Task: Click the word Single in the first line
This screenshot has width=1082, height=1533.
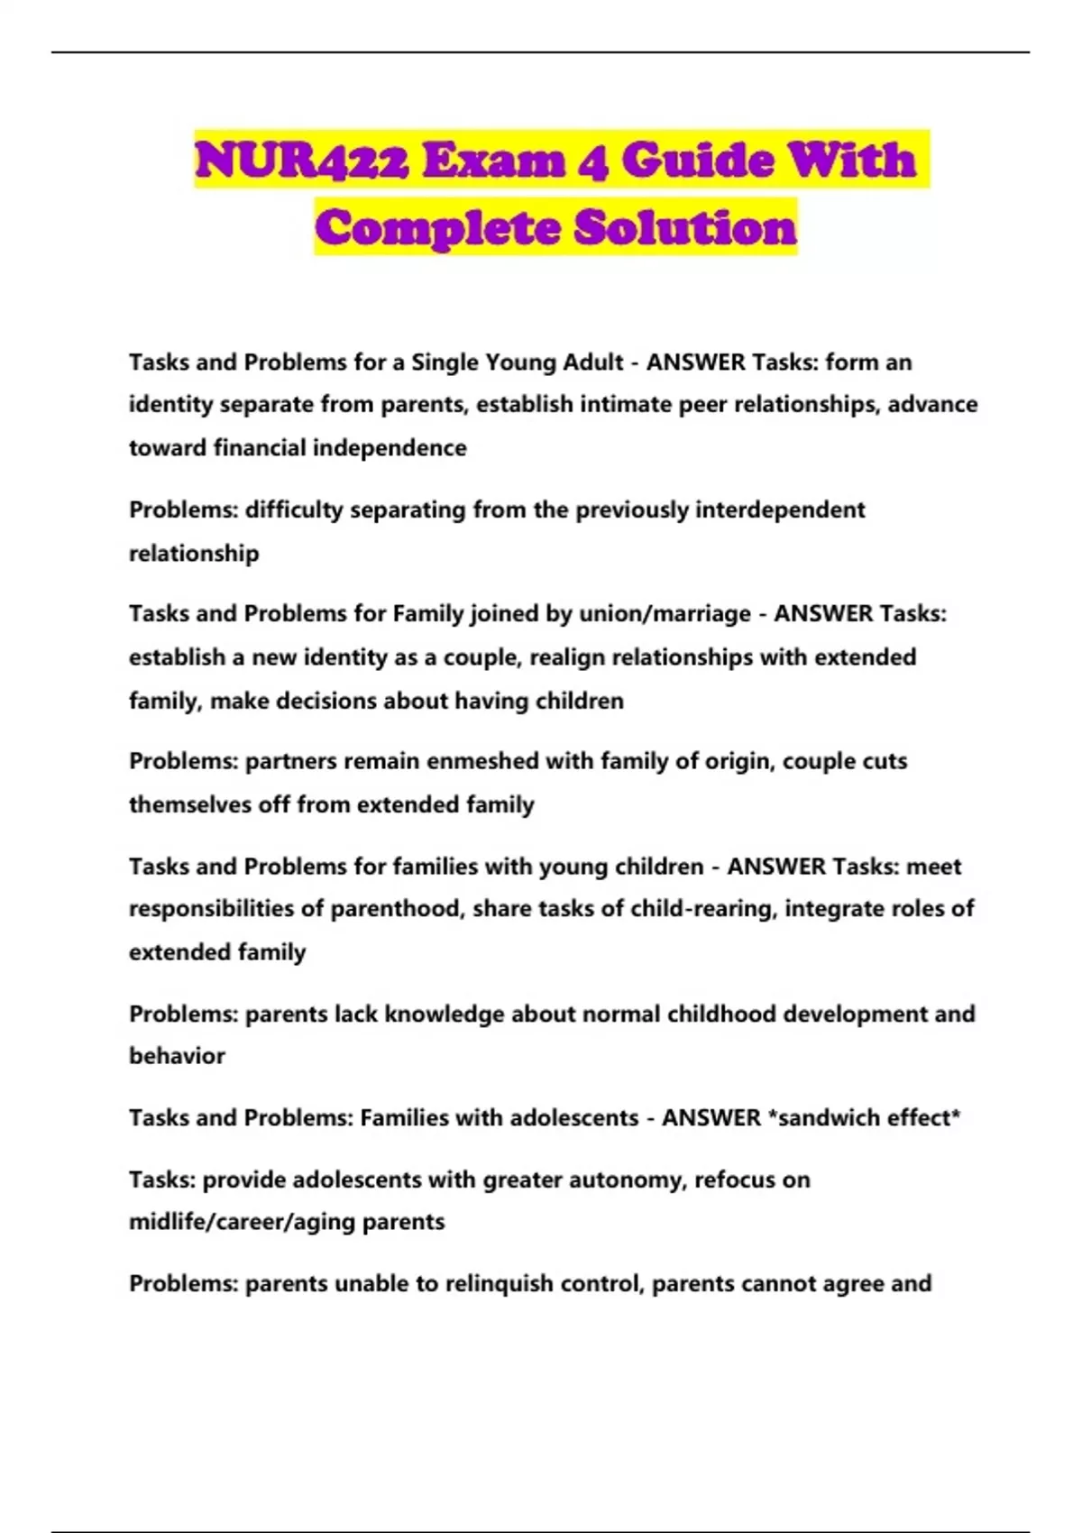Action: click(x=445, y=363)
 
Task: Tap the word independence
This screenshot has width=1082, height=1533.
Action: click(x=392, y=448)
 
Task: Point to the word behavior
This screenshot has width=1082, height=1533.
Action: click(x=177, y=1056)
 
